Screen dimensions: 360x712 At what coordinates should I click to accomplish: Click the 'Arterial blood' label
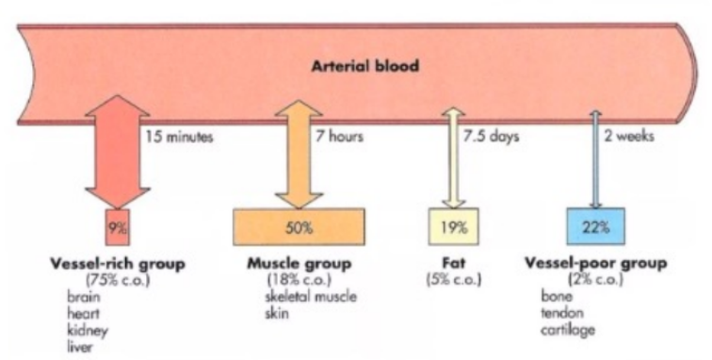click(x=366, y=67)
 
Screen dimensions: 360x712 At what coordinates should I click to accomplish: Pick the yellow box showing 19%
click(x=455, y=227)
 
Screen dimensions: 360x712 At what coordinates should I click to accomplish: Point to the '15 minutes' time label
click(x=179, y=136)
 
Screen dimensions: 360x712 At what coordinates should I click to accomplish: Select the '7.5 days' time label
click(x=491, y=136)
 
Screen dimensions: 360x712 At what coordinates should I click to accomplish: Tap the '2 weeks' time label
click(x=630, y=136)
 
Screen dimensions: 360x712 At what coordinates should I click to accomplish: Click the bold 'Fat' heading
click(x=454, y=263)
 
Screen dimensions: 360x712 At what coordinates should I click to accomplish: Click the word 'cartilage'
click(x=567, y=330)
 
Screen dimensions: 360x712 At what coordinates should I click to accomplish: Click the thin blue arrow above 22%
click(x=594, y=160)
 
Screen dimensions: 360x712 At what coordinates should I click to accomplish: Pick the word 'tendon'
click(x=561, y=313)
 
